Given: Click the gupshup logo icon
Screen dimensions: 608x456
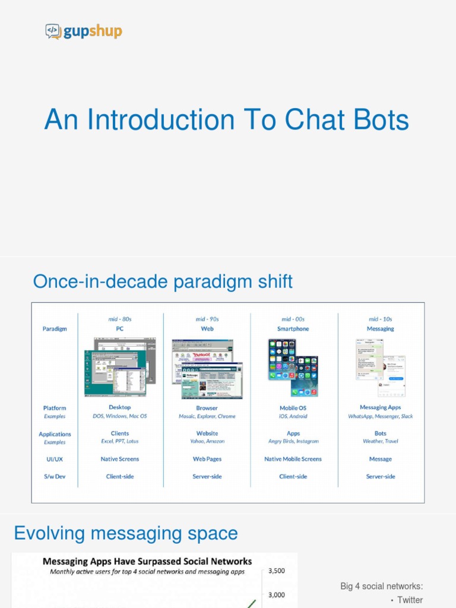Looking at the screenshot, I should coord(53,31).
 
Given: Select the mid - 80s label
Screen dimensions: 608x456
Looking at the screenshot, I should coord(119,319).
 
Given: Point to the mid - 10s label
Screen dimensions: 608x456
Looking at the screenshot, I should coord(380,319).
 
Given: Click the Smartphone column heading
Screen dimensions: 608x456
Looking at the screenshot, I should coord(293,329).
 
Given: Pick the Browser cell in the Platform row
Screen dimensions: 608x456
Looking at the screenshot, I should coord(207,408).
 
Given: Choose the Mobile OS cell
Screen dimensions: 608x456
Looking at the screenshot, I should coord(293,408).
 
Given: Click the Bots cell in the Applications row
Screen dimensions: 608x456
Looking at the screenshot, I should coord(380,433).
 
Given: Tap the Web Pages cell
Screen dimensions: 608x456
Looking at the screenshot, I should coord(207,459).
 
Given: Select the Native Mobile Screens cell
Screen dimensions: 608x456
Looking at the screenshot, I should coord(293,459).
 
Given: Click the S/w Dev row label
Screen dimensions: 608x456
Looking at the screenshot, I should coord(54,477).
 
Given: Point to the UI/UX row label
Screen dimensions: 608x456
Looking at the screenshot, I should coord(54,459).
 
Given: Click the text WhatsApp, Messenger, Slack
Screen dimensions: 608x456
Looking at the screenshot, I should coord(380,416).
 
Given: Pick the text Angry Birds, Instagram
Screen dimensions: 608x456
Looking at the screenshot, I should coord(293,441).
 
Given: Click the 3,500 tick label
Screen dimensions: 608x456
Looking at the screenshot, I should coord(277,571).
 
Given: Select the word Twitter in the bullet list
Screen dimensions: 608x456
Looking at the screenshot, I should coord(410,600).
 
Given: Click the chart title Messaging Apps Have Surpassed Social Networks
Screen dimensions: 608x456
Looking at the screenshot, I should coord(147,561).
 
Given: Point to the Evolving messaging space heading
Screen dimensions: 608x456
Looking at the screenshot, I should coord(126,533).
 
